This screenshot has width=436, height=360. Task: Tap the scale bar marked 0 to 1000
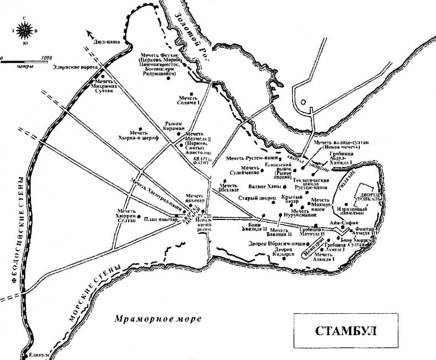pyautogui.click(x=26, y=60)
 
